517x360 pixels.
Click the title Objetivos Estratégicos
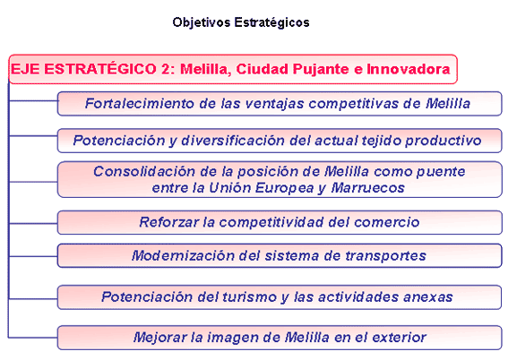[241, 22]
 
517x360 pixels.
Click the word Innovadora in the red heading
[409, 69]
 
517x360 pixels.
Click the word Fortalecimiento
[140, 104]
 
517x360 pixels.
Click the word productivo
[444, 141]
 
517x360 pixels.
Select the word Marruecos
[367, 188]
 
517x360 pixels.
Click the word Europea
[285, 189]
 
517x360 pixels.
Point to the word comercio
[387, 222]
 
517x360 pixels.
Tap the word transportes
[386, 256]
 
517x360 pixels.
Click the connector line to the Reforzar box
[33, 224]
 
